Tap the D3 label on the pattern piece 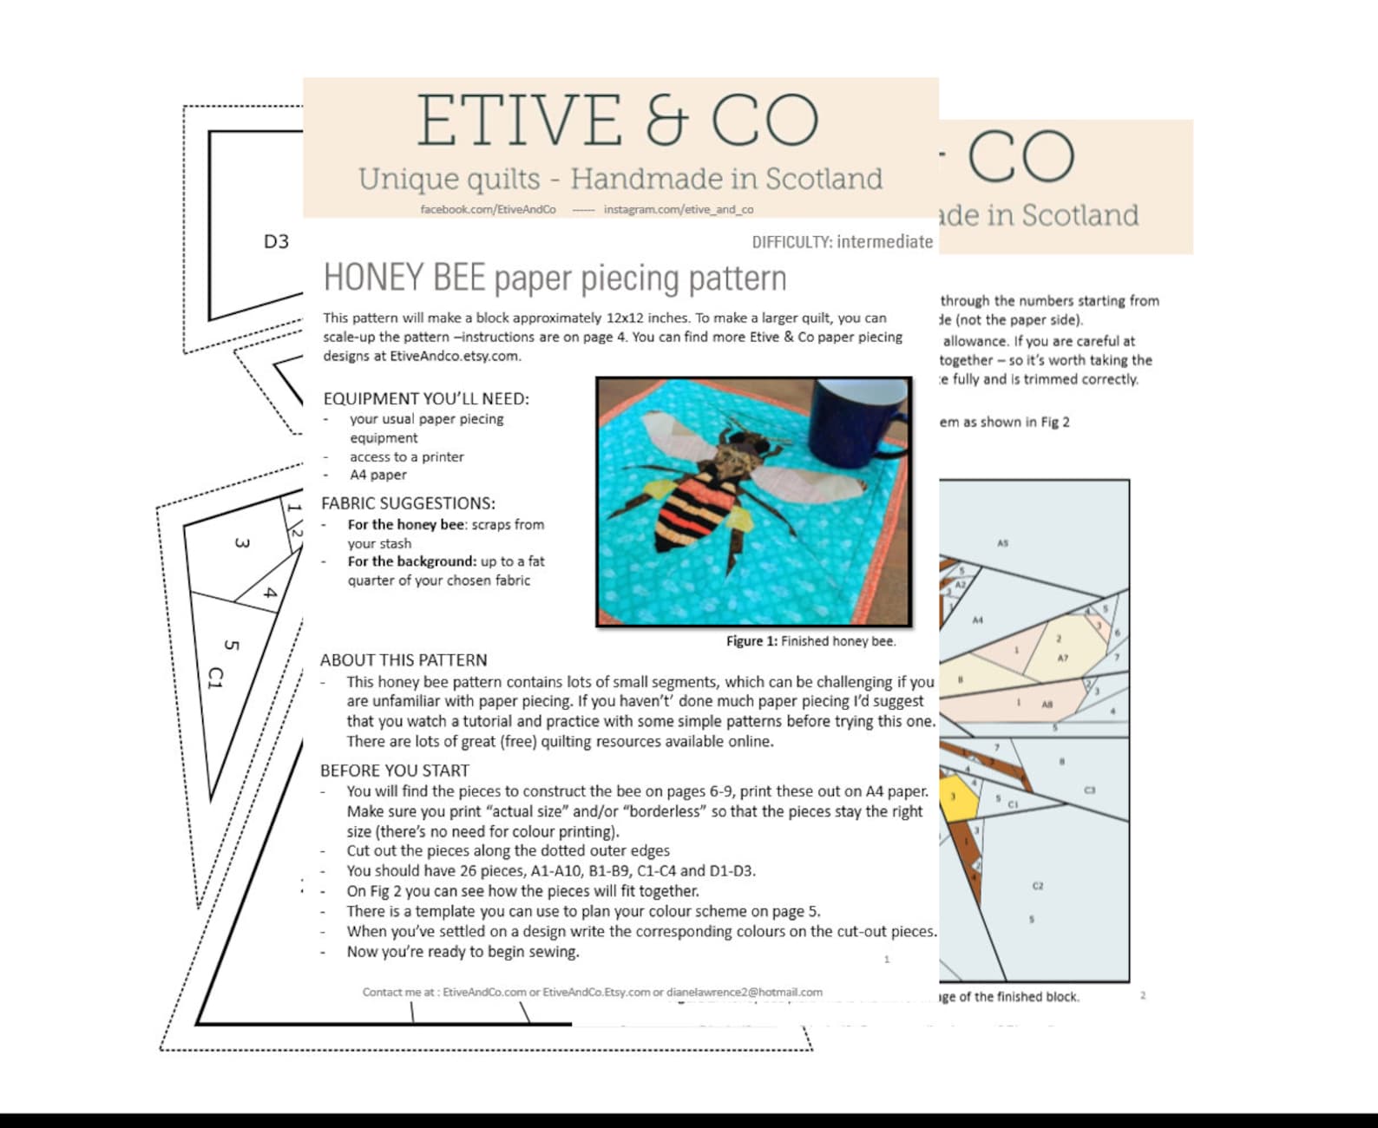point(276,242)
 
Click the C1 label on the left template point(215,678)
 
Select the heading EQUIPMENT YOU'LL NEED point(425,399)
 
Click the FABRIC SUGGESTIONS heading point(408,503)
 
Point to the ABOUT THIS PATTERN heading point(404,660)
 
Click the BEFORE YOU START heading point(395,771)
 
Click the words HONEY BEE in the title point(404,279)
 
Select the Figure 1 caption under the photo point(810,641)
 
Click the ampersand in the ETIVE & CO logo point(666,121)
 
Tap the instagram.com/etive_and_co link point(679,209)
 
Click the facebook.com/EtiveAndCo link point(488,209)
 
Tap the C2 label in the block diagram point(1038,886)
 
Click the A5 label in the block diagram point(1003,543)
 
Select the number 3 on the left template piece point(242,543)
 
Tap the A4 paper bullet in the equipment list point(378,475)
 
